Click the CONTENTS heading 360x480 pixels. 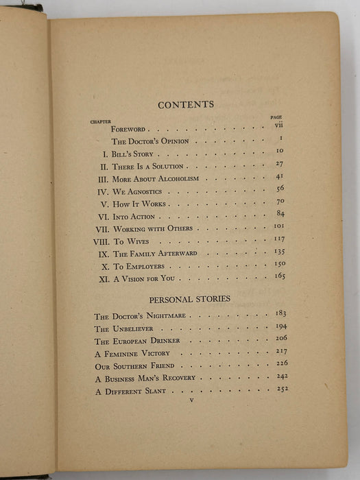tap(186, 105)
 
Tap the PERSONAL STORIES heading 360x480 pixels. tap(189, 300)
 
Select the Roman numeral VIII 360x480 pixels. tap(101, 242)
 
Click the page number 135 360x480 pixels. tap(278, 251)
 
